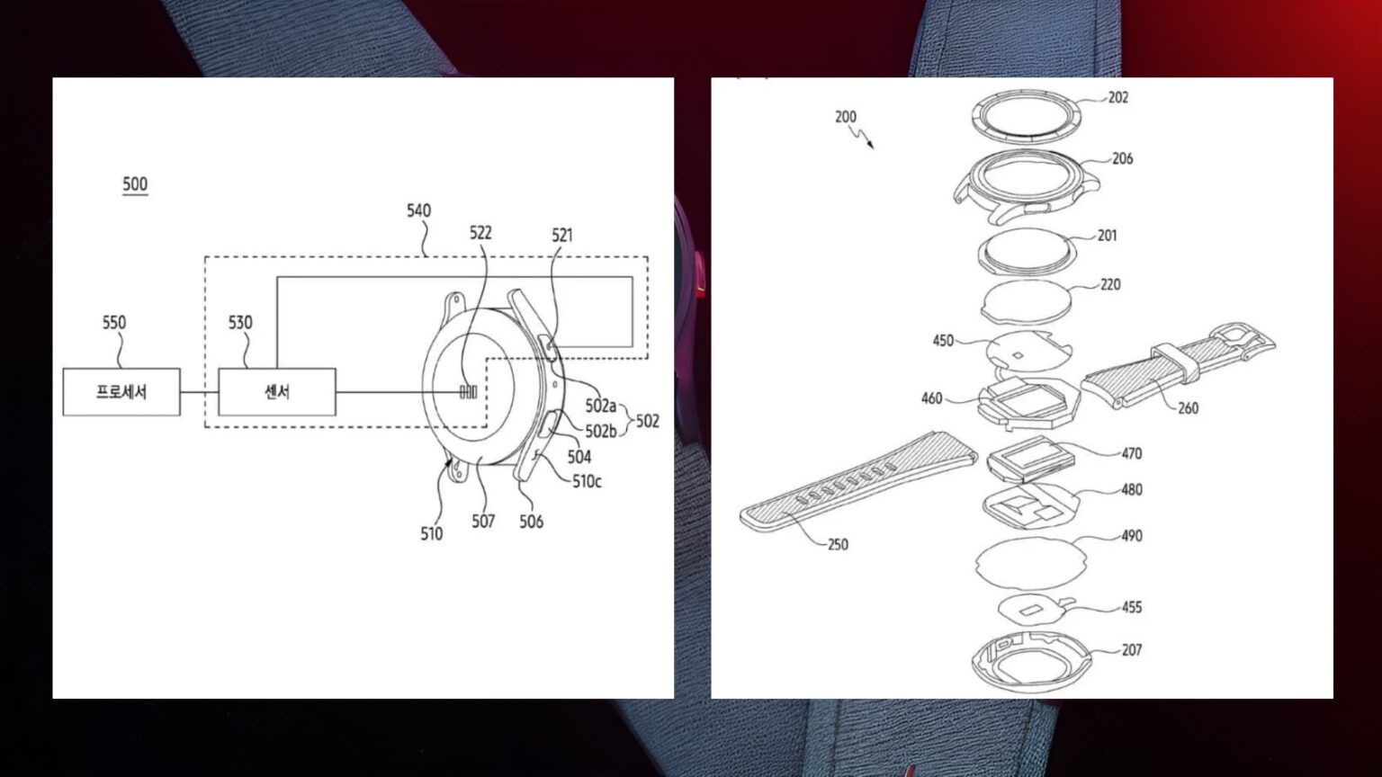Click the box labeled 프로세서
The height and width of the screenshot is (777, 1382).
tap(121, 392)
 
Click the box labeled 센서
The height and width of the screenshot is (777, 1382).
tap(277, 392)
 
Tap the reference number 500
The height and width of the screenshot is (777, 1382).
tap(135, 184)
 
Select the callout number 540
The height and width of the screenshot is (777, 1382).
tap(418, 210)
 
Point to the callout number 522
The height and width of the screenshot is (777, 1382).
tap(480, 233)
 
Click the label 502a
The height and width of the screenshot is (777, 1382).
tap(601, 406)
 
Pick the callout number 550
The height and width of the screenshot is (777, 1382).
tap(114, 322)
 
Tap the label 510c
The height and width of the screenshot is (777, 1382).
tap(587, 481)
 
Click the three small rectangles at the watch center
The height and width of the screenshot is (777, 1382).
tap(468, 392)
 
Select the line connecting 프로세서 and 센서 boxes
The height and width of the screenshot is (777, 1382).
tap(199, 392)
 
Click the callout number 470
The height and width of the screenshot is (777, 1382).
tap(1131, 453)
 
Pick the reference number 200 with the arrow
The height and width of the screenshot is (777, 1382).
tap(846, 117)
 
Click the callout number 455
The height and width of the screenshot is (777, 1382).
tap(1131, 607)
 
